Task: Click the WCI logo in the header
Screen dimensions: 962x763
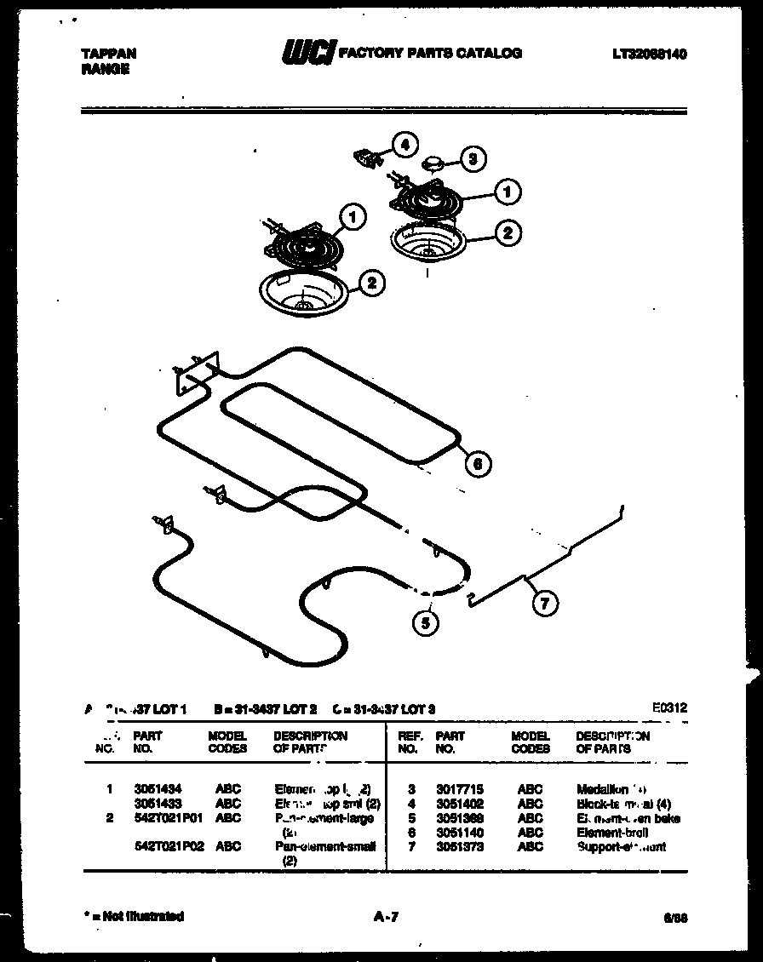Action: pyautogui.click(x=308, y=53)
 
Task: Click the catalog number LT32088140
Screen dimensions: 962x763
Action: pyautogui.click(x=649, y=54)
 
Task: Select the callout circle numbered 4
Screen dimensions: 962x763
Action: pyautogui.click(x=404, y=145)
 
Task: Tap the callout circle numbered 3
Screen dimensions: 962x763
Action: pyautogui.click(x=473, y=157)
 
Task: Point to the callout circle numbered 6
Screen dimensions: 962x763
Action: pyautogui.click(x=478, y=463)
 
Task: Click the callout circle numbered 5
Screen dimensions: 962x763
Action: pyautogui.click(x=425, y=623)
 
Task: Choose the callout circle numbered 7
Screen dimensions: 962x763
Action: pyautogui.click(x=544, y=604)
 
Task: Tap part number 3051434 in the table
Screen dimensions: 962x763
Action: pyautogui.click(x=158, y=789)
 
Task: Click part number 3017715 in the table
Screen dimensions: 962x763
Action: pyautogui.click(x=459, y=789)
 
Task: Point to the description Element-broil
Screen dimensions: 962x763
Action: pyautogui.click(x=611, y=833)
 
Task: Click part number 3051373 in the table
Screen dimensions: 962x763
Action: pyautogui.click(x=459, y=847)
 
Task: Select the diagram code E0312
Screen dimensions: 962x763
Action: pyautogui.click(x=669, y=707)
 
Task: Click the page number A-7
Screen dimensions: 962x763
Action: pyautogui.click(x=386, y=917)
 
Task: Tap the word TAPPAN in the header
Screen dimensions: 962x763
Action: pyautogui.click(x=108, y=53)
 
